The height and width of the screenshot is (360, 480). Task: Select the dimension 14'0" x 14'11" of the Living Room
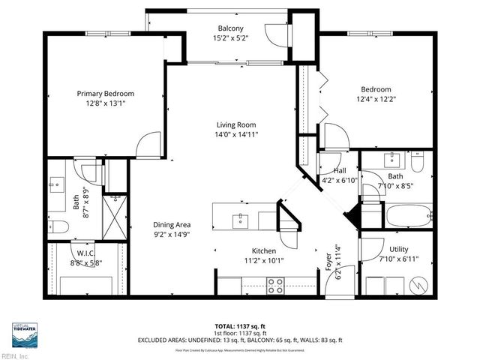click(236, 135)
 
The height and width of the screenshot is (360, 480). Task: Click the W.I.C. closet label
click(84, 253)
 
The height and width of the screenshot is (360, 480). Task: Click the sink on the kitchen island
click(241, 218)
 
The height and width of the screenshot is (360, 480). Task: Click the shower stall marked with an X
click(112, 218)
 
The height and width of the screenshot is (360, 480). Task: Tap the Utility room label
click(399, 249)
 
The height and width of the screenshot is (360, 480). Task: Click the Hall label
click(329, 170)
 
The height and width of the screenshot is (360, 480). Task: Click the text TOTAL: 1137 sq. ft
click(239, 326)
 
